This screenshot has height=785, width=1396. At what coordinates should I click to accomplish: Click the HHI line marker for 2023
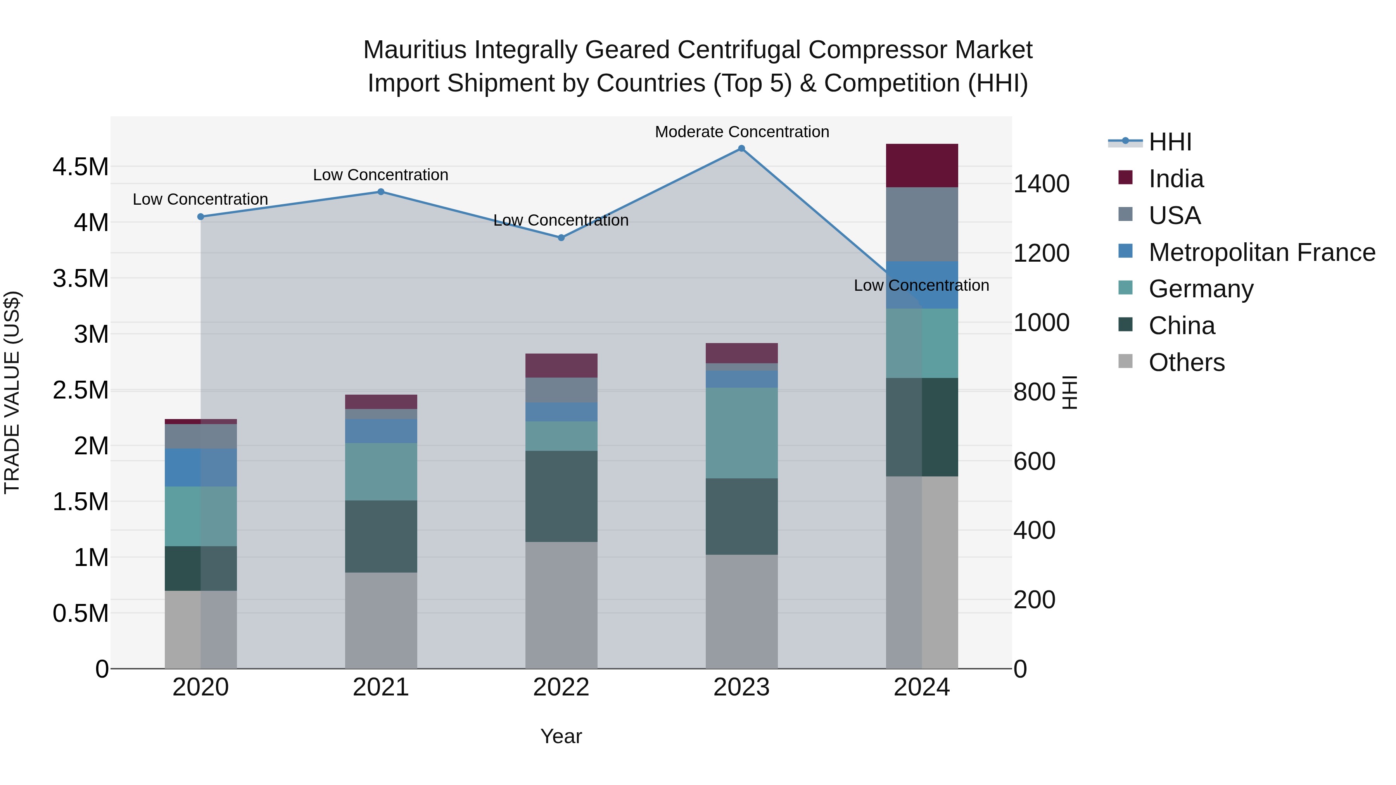(x=741, y=148)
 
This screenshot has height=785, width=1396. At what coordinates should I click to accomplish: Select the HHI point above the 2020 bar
(x=200, y=217)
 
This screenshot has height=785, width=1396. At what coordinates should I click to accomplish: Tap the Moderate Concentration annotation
(x=742, y=132)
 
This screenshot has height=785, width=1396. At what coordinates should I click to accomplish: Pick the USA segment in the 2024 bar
(x=921, y=224)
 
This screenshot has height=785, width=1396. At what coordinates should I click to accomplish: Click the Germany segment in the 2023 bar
(x=741, y=433)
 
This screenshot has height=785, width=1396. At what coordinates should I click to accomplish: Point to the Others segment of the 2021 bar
(x=381, y=620)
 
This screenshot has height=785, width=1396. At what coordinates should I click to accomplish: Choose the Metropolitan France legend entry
(x=1261, y=252)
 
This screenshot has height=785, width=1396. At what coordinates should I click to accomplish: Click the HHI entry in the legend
(x=1170, y=142)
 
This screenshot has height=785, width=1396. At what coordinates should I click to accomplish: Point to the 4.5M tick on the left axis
(x=80, y=167)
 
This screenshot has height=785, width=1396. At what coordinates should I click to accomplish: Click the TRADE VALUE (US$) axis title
(x=12, y=392)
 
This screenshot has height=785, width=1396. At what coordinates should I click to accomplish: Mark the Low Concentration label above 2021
(x=380, y=175)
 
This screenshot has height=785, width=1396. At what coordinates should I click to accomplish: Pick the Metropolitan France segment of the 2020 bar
(x=200, y=468)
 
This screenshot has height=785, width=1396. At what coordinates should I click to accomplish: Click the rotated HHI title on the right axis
(x=1069, y=392)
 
